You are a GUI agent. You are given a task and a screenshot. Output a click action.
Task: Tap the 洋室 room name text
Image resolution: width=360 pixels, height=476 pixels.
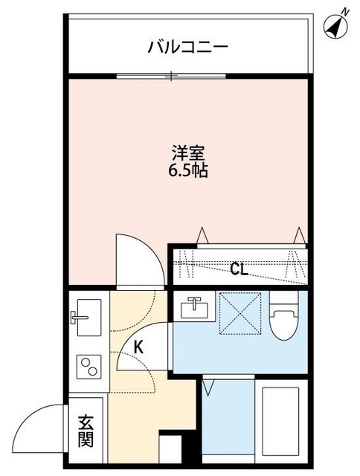[187, 154]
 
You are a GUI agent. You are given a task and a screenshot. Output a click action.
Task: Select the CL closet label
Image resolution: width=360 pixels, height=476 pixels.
[238, 269]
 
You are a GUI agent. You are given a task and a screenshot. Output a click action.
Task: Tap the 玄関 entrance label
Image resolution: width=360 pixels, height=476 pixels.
[86, 431]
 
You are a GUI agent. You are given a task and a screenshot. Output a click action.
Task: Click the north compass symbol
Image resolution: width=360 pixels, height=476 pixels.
[337, 25]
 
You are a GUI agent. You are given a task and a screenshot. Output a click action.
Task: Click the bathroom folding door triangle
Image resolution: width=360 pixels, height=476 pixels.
[208, 387]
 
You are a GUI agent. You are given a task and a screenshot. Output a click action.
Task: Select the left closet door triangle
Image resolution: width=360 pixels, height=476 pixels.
[202, 236]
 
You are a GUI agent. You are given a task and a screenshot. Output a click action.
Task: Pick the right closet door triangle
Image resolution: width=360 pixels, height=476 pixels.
[299, 236]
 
